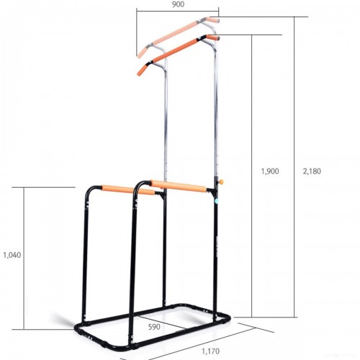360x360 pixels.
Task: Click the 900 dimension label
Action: click(179, 4)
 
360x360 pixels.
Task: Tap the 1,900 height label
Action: click(270, 171)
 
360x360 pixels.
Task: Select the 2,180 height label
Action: click(312, 171)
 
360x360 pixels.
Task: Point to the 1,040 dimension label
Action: click(12, 255)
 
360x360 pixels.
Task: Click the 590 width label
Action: click(154, 327)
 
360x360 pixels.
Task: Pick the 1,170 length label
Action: click(211, 351)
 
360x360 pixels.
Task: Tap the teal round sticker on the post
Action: click(217, 201)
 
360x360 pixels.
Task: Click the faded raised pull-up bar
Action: click(178, 34)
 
